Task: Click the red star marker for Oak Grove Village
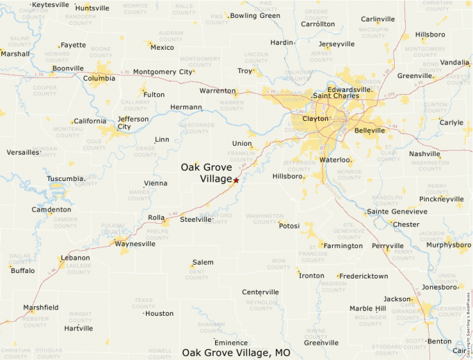[236, 180]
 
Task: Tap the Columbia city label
[99, 78]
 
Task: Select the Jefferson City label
[133, 122]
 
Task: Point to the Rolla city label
[156, 218]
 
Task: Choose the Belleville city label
[369, 130]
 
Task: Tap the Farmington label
[343, 245]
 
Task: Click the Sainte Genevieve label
[397, 211]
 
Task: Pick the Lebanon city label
[75, 258]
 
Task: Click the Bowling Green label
[255, 15]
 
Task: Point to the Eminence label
[231, 343]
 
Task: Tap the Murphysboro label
[448, 244]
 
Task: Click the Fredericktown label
[364, 276]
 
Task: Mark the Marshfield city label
[41, 307]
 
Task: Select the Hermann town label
[186, 107]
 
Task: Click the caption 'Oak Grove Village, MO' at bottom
[236, 353]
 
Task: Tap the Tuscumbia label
[66, 179]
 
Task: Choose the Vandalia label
[454, 62]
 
